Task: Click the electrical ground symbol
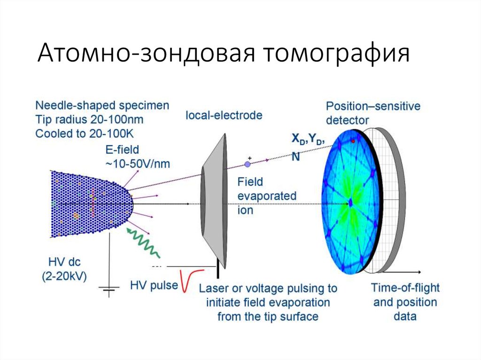109,291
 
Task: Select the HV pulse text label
154,285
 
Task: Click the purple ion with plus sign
248,164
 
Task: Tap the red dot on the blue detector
353,141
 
